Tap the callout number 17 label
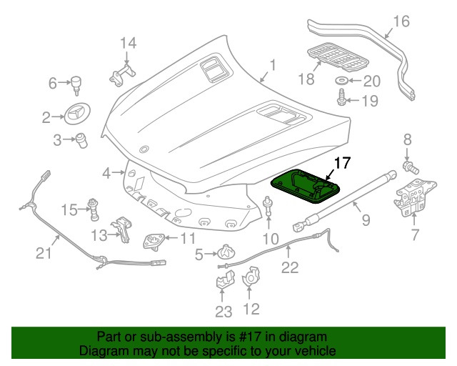[x=342, y=162]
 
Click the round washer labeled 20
[x=342, y=81]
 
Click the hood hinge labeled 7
[x=410, y=200]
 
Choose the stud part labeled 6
[x=75, y=84]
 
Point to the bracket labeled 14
[x=123, y=74]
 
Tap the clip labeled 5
[x=226, y=252]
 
